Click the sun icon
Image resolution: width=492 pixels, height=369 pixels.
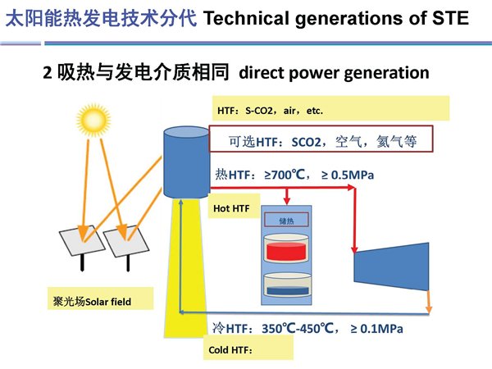point(93,121)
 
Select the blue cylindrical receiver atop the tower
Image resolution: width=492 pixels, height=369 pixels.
point(186,162)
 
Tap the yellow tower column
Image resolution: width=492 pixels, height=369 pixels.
point(185,268)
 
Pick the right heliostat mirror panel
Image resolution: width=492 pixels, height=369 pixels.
point(126,241)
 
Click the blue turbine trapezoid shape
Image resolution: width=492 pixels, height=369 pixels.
point(391,266)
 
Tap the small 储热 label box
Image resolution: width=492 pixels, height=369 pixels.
point(286,220)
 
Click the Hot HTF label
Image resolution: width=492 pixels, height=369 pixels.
point(231,208)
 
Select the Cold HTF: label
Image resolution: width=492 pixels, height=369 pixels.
point(230,350)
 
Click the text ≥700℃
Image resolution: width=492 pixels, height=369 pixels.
point(285,175)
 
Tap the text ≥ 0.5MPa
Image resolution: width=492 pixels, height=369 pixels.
point(348,175)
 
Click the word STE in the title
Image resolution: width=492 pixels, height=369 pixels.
point(450,18)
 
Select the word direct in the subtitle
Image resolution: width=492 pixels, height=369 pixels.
point(261,73)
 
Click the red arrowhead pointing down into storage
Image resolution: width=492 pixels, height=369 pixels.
point(286,201)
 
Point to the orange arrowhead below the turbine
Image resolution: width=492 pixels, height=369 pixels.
point(429,309)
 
